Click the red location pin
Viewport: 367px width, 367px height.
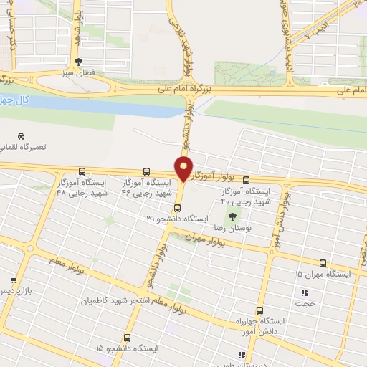coord(183,168)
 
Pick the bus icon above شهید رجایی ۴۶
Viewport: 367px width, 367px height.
coord(146,172)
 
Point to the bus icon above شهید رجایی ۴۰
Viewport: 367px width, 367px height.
coord(247,181)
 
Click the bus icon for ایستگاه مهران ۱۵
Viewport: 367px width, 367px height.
coord(323,264)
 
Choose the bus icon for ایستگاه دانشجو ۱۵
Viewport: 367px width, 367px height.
coord(127,338)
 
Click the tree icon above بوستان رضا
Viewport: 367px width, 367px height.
coord(232,216)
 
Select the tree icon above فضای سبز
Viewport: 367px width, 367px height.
coord(77,62)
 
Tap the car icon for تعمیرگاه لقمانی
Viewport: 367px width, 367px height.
coord(21,136)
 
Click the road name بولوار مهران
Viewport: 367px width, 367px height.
coord(204,239)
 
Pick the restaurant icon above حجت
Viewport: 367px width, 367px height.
coord(305,292)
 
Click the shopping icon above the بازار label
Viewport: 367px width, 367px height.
coord(14,280)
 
